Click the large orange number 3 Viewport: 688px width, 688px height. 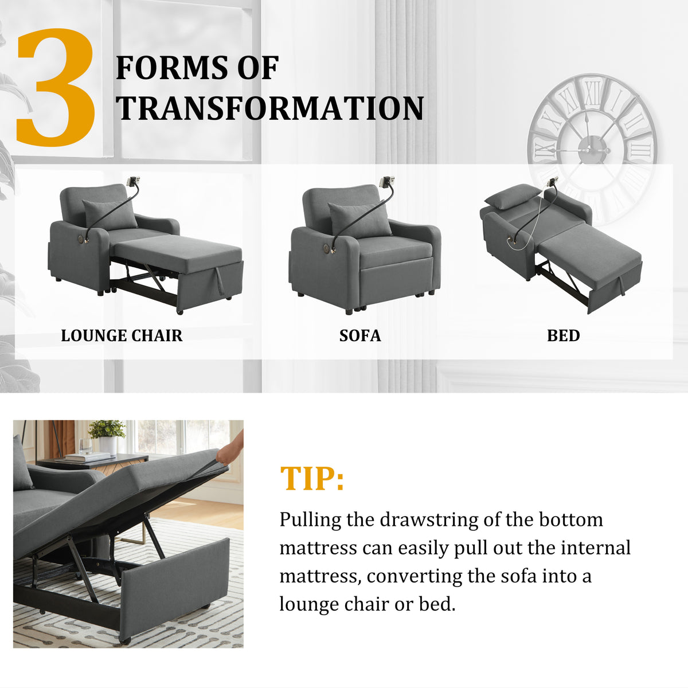tap(56, 88)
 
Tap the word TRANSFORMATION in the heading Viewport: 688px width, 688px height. tap(270, 108)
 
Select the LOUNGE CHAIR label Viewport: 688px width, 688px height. tap(122, 335)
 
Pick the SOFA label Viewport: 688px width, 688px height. tap(360, 335)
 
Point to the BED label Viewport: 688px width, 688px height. tap(564, 335)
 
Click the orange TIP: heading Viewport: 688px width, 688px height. tap(312, 478)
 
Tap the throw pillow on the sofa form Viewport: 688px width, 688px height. tap(359, 219)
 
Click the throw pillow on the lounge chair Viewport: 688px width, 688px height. tap(110, 215)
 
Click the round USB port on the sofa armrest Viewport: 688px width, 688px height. tap(327, 248)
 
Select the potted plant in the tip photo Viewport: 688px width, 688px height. tap(107, 437)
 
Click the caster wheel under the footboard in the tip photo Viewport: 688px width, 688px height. tap(125, 640)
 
